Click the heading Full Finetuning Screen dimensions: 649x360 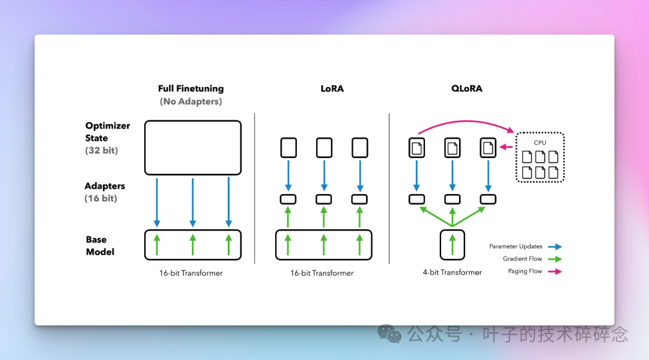point(191,88)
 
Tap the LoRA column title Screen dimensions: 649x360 point(332,88)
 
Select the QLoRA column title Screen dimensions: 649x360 point(466,88)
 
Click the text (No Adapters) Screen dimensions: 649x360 point(191,102)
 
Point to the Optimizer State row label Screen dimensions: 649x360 point(107,132)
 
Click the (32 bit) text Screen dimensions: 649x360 point(102,151)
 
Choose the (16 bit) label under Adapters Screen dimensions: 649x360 point(100,198)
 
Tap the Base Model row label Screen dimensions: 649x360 point(100,246)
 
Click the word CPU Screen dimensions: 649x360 point(540,143)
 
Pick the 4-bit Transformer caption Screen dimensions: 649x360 point(452,272)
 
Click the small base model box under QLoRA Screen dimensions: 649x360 point(440,245)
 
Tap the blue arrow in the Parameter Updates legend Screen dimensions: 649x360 point(555,246)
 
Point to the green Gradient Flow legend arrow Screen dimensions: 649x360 point(555,259)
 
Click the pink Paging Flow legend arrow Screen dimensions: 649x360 point(555,272)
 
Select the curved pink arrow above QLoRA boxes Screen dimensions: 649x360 point(466,121)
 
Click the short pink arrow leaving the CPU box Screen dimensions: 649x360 point(506,147)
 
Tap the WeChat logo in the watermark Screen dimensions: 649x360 point(389,334)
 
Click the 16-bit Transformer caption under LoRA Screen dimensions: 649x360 point(321,273)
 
